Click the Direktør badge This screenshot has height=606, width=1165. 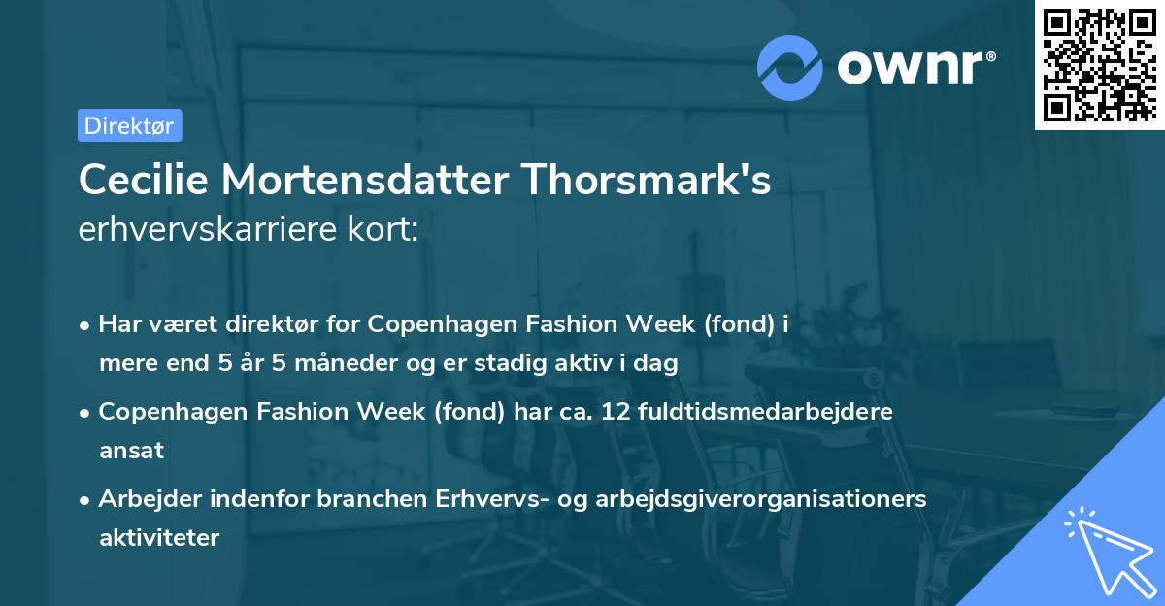click(129, 125)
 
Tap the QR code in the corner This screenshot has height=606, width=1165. click(1098, 65)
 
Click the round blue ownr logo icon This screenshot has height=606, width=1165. click(790, 67)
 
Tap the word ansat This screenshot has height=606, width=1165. click(131, 450)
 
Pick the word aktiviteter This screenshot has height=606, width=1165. click(159, 537)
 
